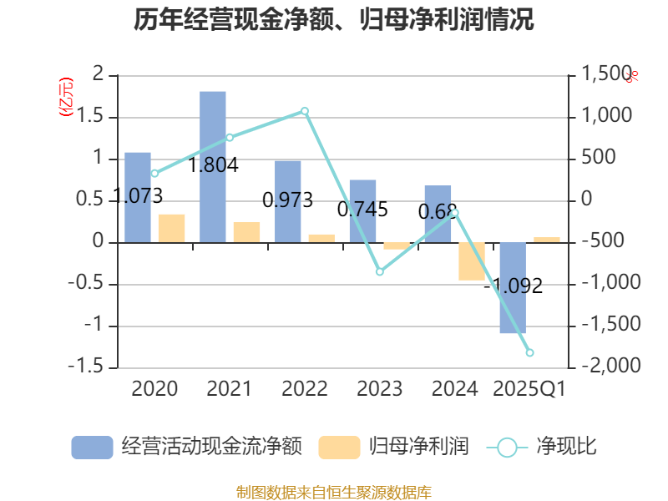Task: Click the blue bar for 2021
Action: tap(213, 166)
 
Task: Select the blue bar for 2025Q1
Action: tap(513, 287)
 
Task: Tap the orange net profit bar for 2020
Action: tap(171, 228)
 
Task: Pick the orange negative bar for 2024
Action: tap(471, 261)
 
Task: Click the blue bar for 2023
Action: tap(362, 210)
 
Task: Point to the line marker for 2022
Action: tap(305, 111)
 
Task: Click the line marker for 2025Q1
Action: tap(529, 352)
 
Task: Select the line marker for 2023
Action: tap(379, 271)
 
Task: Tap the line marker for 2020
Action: tap(154, 174)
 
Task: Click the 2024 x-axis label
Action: tap(454, 389)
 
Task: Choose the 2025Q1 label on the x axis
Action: tap(529, 389)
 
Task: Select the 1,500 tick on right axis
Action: tap(599, 75)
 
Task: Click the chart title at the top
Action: tap(334, 20)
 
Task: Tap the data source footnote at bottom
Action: tap(334, 492)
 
